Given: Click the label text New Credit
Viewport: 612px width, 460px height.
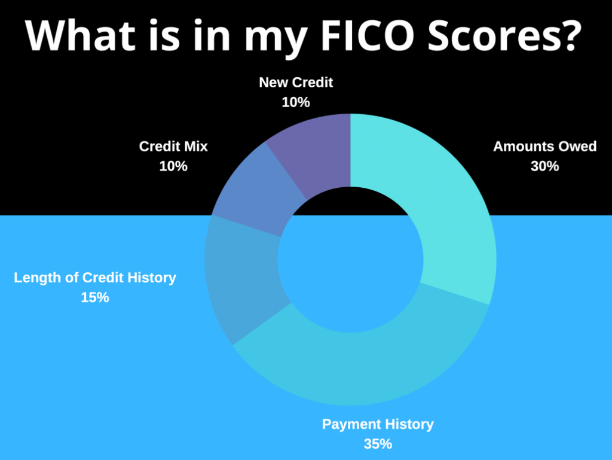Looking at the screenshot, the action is (296, 83).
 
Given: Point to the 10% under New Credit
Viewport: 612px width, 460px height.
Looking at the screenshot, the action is (296, 102).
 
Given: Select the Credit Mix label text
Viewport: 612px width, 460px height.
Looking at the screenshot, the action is (173, 147).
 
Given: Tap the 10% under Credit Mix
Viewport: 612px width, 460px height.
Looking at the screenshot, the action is (173, 166).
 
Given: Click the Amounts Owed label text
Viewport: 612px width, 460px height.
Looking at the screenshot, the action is (545, 147).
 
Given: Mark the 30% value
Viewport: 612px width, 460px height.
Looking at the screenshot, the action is (545, 166).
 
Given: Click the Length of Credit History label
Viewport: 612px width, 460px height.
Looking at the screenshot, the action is (95, 278).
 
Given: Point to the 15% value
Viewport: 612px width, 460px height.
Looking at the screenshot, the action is (95, 297).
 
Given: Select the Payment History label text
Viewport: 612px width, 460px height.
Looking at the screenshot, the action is (378, 425).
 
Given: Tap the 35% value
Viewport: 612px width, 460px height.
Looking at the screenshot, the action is (378, 444).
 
